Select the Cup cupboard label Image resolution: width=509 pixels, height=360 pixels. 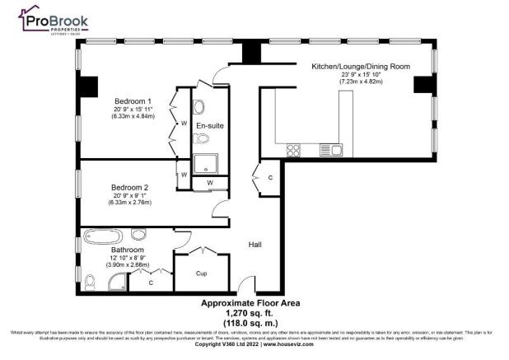tap(199, 272)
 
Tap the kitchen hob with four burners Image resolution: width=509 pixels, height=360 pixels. tap(292, 149)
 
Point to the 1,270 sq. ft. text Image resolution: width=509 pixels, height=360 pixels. tap(253, 313)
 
